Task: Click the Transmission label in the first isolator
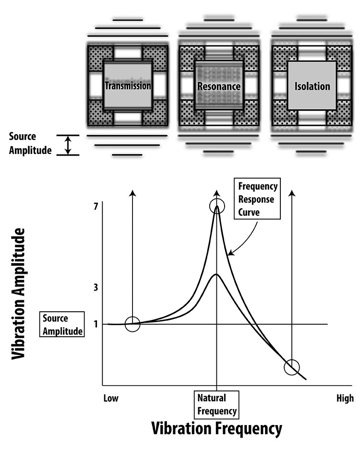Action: coord(128,86)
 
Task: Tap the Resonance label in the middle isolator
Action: coord(218,86)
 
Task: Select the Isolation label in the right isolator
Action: coord(312,86)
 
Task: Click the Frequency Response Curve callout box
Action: coord(255,199)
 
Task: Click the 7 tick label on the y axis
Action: coord(96,207)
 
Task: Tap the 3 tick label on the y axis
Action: coord(96,287)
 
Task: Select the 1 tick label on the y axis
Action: coord(96,324)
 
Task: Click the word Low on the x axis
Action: coord(111,398)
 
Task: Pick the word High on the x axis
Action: coord(345,398)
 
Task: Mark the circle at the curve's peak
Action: coord(217,206)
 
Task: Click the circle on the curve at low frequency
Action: coord(132,324)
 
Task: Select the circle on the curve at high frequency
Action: coord(291,367)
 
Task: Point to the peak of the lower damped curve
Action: coord(216,274)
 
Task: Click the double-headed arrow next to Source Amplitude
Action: coord(68,145)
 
